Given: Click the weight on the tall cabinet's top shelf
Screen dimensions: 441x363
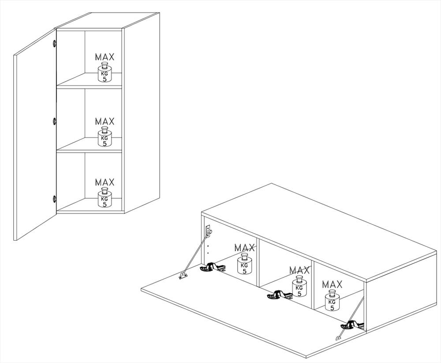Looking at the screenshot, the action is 105,73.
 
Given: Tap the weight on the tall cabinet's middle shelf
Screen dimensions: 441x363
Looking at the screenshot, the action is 105,136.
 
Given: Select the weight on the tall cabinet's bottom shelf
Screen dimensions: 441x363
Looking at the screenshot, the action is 105,198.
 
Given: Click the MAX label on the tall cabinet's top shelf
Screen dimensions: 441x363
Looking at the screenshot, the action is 105,57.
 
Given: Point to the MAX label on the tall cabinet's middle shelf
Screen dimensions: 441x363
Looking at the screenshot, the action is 105,121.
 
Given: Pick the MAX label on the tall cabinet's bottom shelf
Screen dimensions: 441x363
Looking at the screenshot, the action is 105,182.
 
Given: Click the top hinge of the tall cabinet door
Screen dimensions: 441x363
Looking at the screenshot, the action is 54,43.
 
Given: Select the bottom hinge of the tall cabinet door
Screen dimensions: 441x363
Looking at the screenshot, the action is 54,199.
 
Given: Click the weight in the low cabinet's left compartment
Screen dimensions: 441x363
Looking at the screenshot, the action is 244,264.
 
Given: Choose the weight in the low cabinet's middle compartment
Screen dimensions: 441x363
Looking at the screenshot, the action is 299,286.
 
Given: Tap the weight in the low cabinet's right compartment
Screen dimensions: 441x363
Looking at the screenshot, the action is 332,300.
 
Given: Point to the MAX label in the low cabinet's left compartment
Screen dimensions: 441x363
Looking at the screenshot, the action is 245,248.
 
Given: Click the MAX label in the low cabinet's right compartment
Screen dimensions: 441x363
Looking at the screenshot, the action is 333,284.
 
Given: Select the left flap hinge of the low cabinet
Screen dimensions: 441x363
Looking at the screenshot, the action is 213,267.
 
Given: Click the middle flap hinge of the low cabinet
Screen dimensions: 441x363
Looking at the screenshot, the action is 279,295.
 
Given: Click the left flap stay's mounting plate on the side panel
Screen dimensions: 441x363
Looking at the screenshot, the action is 209,231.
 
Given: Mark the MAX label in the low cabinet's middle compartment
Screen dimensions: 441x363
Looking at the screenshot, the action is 299,270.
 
